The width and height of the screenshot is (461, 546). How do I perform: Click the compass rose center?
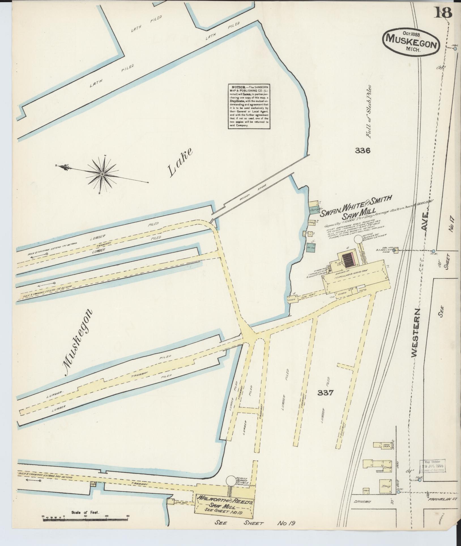102,174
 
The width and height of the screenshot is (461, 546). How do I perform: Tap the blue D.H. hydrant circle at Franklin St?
398,492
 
